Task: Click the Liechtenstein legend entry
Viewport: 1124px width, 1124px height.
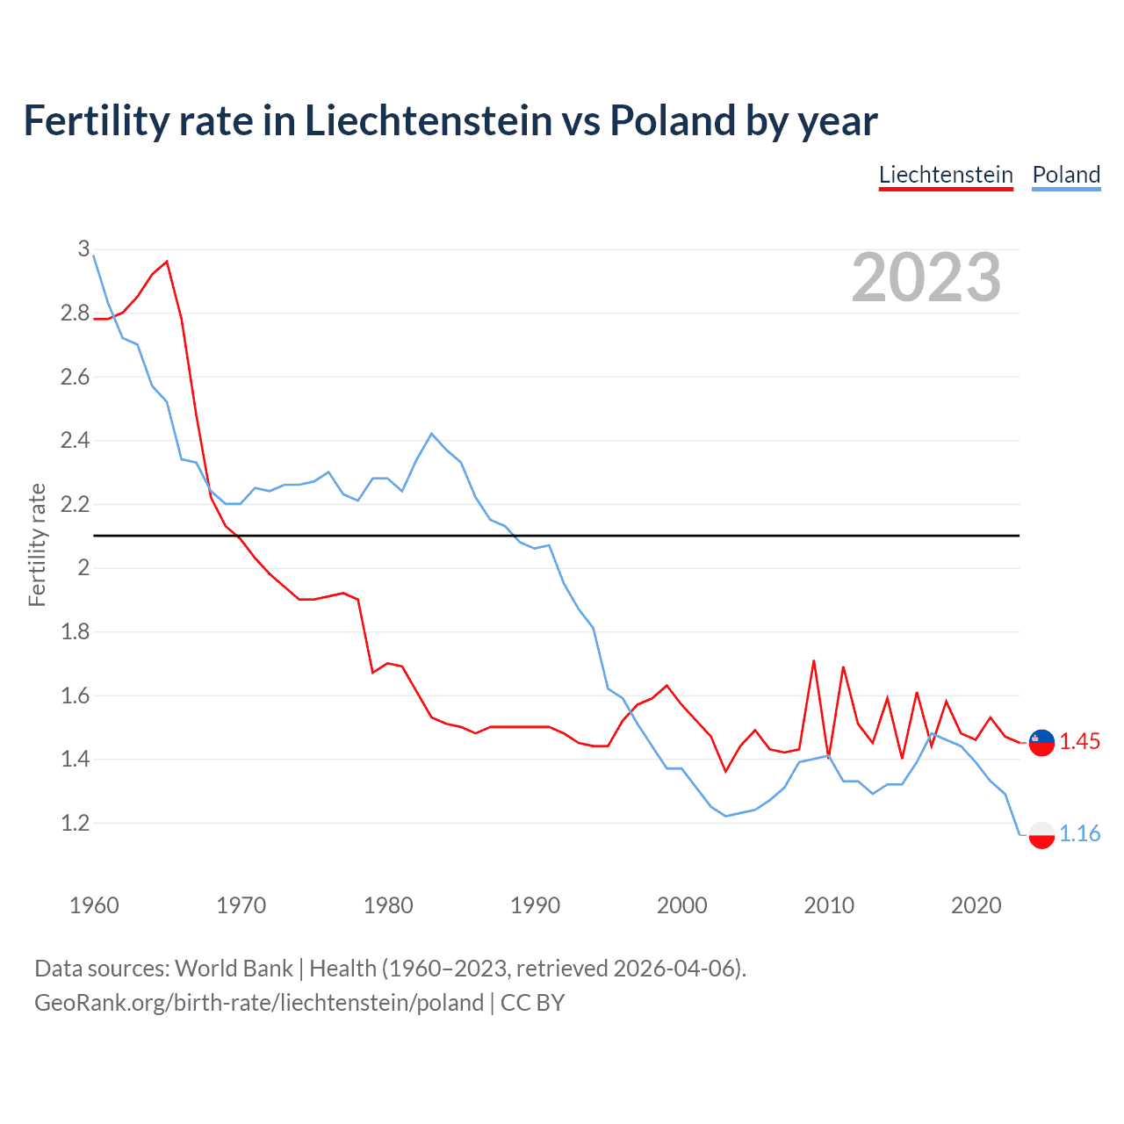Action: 946,175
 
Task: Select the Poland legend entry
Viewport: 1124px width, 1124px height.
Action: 1066,175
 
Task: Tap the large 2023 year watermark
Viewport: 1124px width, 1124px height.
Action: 926,278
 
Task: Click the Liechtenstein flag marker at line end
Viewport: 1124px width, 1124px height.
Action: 1041,742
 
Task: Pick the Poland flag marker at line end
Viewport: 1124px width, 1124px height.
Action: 1041,834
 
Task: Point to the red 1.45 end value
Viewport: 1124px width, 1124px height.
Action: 1079,742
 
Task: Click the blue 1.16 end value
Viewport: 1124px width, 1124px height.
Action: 1079,834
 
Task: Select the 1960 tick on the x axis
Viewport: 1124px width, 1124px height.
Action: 94,905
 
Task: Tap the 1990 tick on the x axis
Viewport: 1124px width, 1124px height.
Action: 535,905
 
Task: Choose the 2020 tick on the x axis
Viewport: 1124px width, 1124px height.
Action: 976,905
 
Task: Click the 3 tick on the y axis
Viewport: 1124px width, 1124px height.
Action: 84,249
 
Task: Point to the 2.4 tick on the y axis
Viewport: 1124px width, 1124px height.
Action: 76,441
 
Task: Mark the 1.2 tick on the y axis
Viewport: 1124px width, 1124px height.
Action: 76,824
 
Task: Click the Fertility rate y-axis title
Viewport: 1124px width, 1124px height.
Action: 37,544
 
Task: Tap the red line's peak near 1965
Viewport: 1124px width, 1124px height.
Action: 167,262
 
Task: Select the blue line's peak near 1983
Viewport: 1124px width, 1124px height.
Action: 431,434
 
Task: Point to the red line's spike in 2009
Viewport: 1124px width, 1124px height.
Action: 814,660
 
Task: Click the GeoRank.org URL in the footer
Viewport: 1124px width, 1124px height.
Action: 259,1003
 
